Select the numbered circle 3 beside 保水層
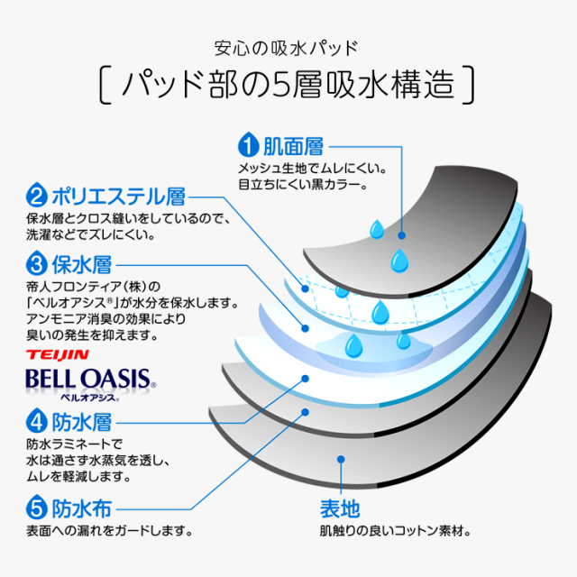coord(37,265)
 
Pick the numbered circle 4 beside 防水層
coord(37,421)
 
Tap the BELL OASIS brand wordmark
coord(90,378)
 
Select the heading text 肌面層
coord(292,144)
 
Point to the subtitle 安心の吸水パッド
coord(288,47)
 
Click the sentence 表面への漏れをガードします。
coord(110,530)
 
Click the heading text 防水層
coord(80,421)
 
